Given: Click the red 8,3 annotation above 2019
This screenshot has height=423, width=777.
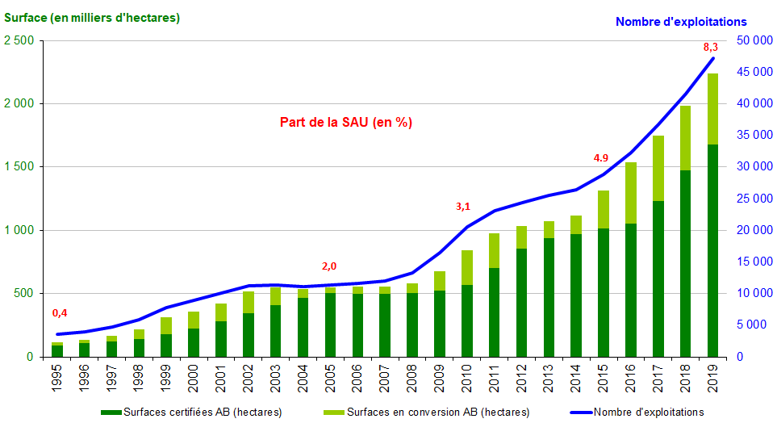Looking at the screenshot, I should click(x=711, y=48).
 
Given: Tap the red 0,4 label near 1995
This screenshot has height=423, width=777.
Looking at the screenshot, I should click(x=60, y=313).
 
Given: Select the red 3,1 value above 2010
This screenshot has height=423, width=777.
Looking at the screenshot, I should click(x=463, y=207).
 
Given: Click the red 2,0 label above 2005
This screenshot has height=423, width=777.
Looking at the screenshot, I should click(x=329, y=266).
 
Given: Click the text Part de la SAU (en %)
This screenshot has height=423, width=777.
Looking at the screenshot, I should click(x=346, y=123).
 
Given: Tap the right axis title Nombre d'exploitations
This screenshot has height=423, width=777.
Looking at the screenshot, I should click(x=681, y=22).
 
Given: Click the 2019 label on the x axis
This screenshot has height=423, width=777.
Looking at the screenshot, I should click(x=713, y=378).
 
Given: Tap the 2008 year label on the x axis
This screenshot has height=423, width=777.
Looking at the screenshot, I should click(x=412, y=378).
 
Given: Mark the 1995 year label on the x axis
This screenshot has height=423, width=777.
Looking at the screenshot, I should click(x=57, y=378).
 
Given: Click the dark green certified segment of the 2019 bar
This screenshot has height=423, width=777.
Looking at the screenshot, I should click(x=713, y=250).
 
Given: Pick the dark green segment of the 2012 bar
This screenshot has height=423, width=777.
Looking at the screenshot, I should click(x=522, y=303).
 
